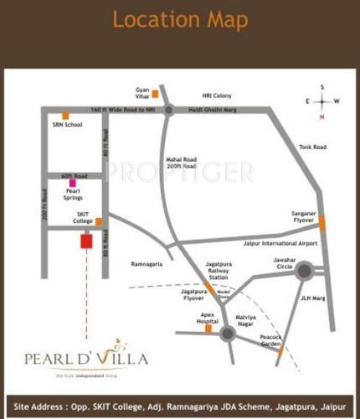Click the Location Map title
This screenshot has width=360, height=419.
[x=179, y=20]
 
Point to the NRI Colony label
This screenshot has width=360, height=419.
[x=217, y=96]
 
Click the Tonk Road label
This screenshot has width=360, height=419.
[x=312, y=147]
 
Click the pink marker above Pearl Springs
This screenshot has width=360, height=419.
[x=73, y=182]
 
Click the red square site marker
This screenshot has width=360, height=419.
[x=84, y=241]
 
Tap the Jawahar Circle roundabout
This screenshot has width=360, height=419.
[x=303, y=270]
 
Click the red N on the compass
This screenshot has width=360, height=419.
[x=321, y=117]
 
